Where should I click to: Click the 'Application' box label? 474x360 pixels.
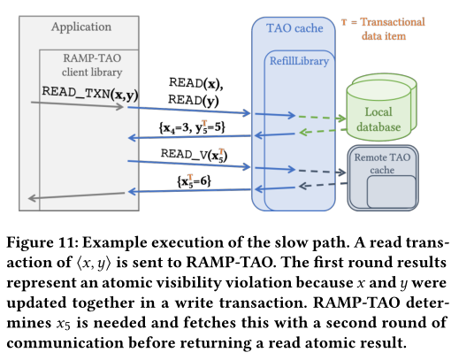(81, 27)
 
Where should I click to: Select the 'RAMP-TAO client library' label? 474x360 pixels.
(92, 65)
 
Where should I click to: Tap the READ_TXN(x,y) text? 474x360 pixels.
(90, 94)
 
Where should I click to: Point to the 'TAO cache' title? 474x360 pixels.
(294, 28)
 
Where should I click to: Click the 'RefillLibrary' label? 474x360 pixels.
(299, 61)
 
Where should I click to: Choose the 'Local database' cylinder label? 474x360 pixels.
(378, 119)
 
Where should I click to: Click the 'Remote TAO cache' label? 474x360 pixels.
(382, 164)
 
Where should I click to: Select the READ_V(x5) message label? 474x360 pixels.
(194, 155)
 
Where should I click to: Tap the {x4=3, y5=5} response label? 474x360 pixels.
(192, 127)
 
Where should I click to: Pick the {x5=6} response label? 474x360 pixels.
(194, 181)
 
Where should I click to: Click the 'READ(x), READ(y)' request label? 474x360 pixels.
(195, 92)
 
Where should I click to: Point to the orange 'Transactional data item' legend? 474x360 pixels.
(383, 29)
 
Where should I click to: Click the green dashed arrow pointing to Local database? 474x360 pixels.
(322, 118)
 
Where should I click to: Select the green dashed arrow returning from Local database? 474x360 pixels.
(322, 131)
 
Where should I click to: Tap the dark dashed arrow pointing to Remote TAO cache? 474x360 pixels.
(322, 172)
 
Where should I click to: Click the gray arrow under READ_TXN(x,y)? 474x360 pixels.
(78, 104)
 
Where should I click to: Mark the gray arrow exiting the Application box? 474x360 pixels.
(76, 195)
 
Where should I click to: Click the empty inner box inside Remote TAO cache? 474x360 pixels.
(392, 191)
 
